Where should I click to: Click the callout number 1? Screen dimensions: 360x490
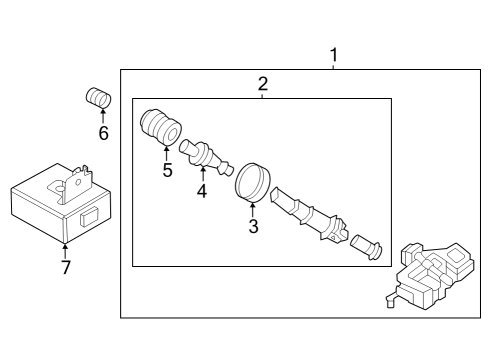[334, 53]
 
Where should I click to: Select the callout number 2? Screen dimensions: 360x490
[262, 84]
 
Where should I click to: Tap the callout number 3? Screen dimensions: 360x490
[253, 227]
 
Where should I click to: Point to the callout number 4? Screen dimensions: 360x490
[201, 190]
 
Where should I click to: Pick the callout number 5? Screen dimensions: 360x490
[167, 170]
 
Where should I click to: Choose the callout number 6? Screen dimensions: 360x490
[102, 134]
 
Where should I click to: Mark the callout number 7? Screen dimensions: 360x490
[66, 267]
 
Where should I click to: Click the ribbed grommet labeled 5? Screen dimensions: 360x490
[158, 126]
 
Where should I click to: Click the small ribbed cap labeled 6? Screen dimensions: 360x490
[97, 99]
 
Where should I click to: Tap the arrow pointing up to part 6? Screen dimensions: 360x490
[102, 118]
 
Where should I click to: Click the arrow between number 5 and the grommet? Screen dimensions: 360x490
[166, 151]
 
